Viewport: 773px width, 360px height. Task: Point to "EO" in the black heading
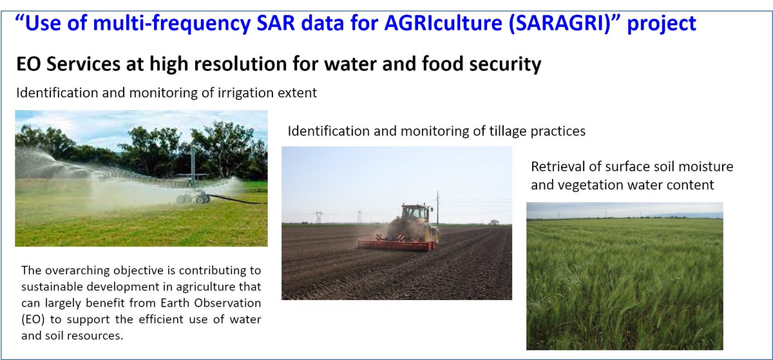30,64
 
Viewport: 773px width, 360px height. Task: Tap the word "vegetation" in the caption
582,185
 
